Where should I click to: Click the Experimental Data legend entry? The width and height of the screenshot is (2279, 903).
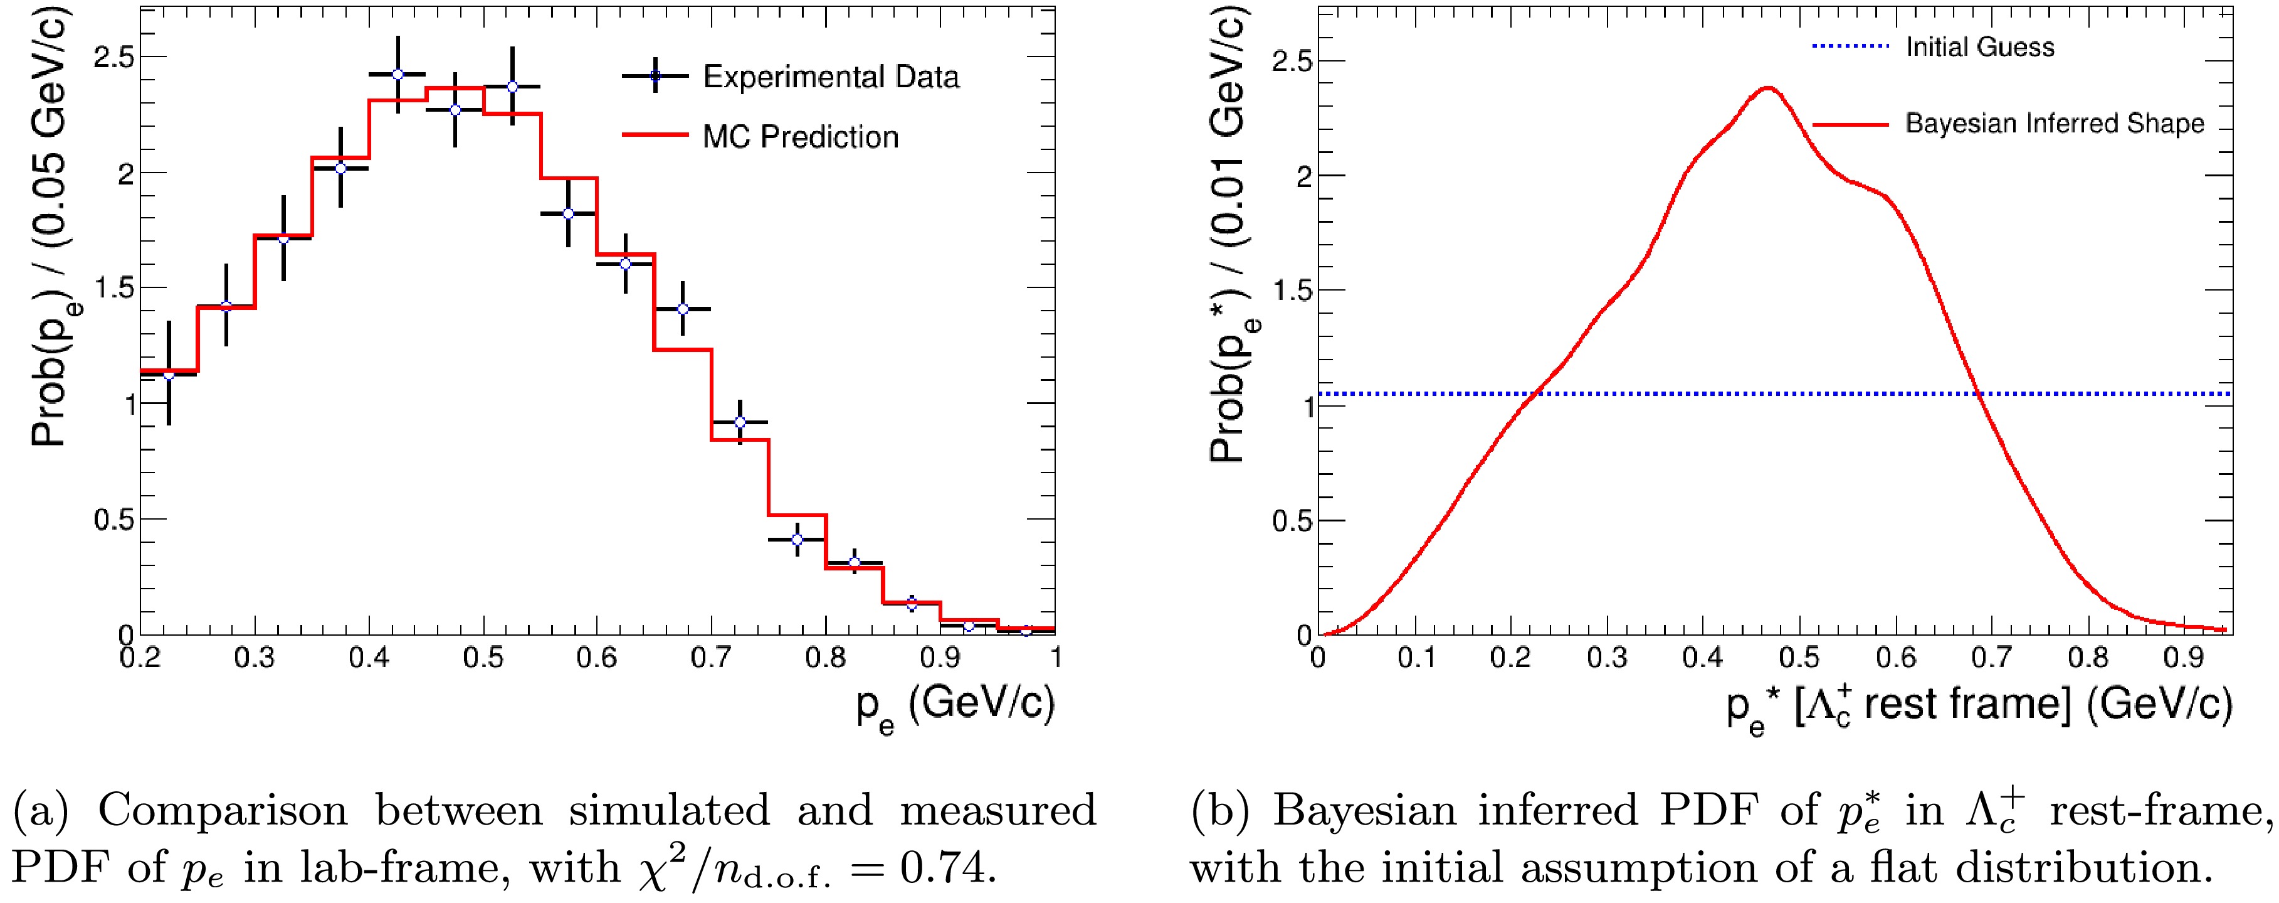coord(830,77)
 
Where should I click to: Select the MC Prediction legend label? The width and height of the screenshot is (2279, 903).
coord(800,137)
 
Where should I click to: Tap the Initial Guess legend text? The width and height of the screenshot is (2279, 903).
coord(1979,47)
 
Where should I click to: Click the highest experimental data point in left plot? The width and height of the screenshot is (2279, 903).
coord(397,75)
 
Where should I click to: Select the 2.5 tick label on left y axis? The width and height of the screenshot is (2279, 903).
coord(113,58)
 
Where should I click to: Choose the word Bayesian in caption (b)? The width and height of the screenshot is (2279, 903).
coord(1362,811)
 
